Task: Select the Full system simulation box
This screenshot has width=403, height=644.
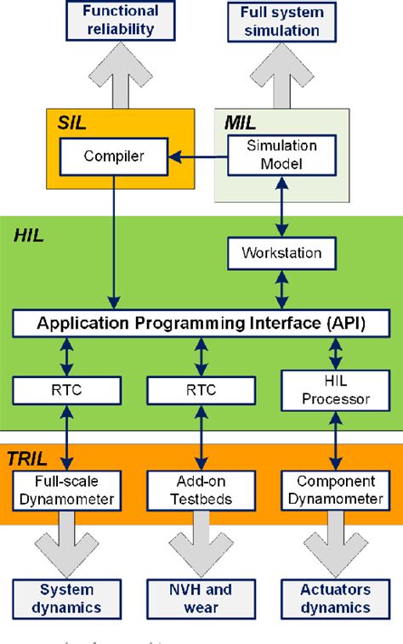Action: (x=280, y=21)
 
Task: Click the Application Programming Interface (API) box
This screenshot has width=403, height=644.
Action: (x=201, y=323)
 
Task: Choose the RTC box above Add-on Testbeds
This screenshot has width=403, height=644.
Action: (x=201, y=390)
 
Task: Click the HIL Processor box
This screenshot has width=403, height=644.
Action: (x=335, y=390)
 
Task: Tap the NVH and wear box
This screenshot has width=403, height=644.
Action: (x=201, y=598)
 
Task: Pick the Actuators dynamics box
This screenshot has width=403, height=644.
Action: (x=335, y=598)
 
